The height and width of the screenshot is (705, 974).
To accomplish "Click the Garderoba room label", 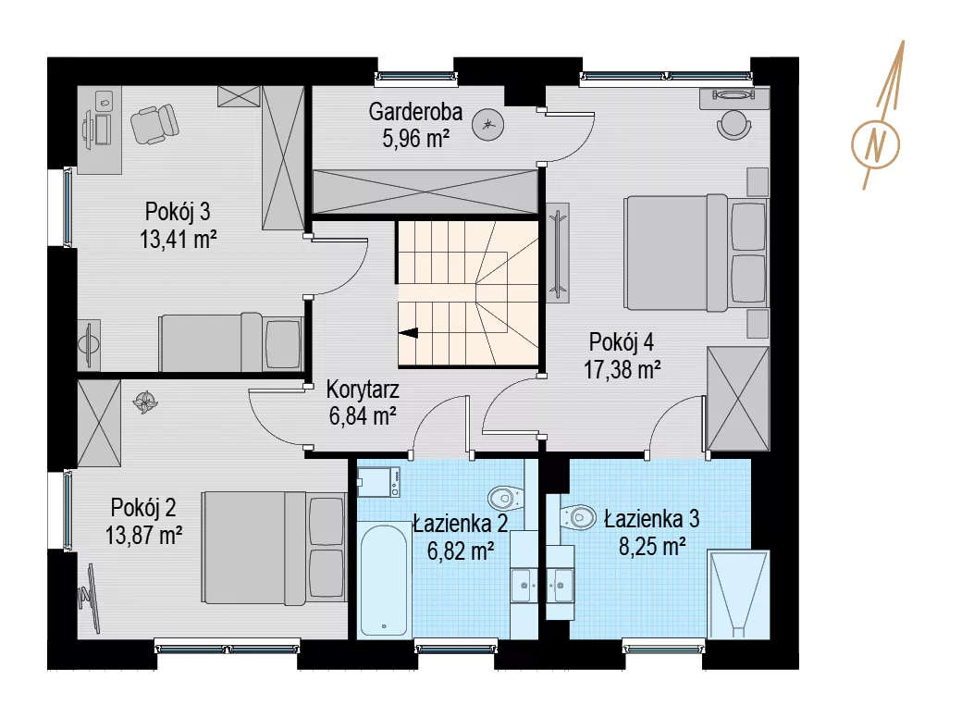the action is [x=415, y=112].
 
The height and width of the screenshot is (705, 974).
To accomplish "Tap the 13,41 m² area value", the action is [x=179, y=239].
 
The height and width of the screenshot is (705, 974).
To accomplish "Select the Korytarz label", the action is [x=363, y=390].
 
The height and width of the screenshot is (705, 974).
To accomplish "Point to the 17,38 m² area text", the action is [x=622, y=369].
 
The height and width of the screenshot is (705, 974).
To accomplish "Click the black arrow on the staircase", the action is [x=409, y=333].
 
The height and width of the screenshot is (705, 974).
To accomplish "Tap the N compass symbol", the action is [x=876, y=144].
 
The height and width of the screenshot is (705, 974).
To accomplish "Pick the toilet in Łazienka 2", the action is [x=506, y=497].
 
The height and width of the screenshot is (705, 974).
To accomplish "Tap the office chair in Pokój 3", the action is [x=154, y=124].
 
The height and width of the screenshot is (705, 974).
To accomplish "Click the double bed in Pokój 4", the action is [x=697, y=253].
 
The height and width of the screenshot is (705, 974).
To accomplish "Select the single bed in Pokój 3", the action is [x=231, y=342].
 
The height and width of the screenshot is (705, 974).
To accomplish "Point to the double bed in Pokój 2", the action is [x=274, y=548].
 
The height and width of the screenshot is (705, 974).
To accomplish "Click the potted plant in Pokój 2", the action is [x=145, y=402].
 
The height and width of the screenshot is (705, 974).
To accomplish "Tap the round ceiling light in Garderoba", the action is [x=487, y=125].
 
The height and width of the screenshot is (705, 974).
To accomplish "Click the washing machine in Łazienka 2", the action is [x=379, y=482].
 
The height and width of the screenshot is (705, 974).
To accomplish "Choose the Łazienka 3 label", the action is [x=651, y=519].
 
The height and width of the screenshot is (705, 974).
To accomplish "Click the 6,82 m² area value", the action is [x=461, y=550].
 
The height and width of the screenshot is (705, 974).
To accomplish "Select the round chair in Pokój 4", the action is [x=734, y=124].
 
